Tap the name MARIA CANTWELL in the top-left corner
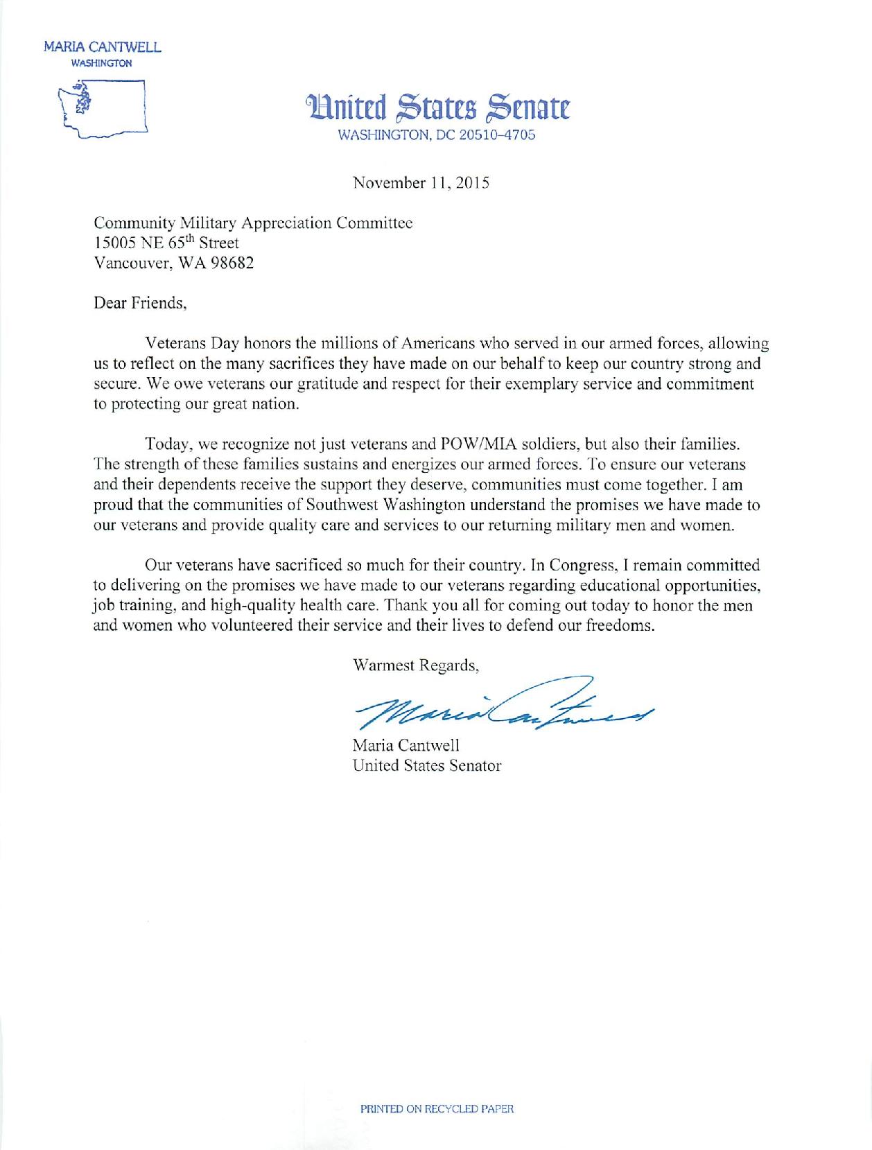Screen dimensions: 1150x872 pyautogui.click(x=102, y=48)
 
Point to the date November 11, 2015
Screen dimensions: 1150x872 pyautogui.click(x=421, y=183)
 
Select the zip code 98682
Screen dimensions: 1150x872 pyautogui.click(x=232, y=263)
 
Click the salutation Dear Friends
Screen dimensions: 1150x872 pyautogui.click(x=140, y=303)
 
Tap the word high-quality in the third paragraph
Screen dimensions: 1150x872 pyautogui.click(x=247, y=605)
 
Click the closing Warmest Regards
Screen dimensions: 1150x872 pyautogui.click(x=416, y=665)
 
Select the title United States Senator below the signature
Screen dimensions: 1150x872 pyautogui.click(x=426, y=766)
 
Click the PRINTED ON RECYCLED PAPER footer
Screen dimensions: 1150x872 pyautogui.click(x=437, y=1108)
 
